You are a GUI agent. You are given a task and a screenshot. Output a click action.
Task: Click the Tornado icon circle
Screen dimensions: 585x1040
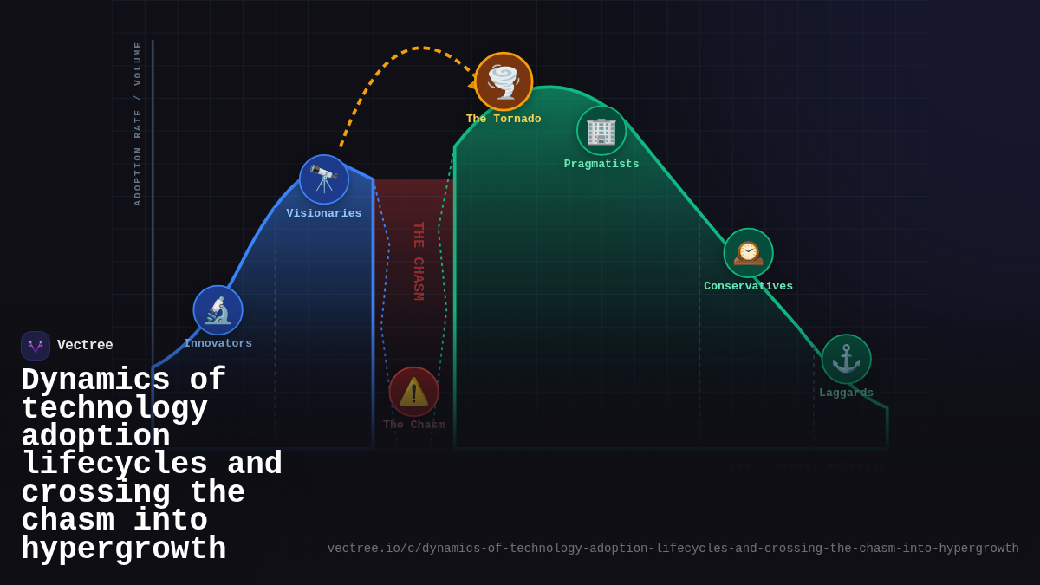click(x=504, y=81)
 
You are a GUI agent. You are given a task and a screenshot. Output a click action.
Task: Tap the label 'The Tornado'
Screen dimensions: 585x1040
click(x=504, y=120)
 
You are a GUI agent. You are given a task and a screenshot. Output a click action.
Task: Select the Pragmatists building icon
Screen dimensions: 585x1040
click(x=601, y=131)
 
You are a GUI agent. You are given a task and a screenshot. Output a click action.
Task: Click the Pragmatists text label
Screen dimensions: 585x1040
click(x=601, y=165)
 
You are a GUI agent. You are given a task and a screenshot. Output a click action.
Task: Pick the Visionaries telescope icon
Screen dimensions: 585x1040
click(x=324, y=179)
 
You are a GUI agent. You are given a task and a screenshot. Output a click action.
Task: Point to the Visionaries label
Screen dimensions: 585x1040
click(x=324, y=214)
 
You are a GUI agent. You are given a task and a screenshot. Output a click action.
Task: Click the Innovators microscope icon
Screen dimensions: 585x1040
click(x=218, y=310)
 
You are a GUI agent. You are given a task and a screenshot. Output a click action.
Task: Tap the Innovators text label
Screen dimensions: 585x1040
click(x=218, y=344)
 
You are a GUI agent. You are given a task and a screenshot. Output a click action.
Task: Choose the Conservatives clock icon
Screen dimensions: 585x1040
click(x=749, y=253)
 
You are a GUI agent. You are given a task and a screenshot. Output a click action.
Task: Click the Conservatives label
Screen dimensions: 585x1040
click(x=749, y=287)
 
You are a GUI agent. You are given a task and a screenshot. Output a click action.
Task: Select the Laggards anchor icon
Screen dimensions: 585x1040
click(x=846, y=359)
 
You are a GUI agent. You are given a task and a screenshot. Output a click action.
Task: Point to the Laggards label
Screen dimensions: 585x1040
click(x=846, y=393)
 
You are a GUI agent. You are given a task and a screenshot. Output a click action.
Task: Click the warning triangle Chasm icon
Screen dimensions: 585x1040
click(x=413, y=392)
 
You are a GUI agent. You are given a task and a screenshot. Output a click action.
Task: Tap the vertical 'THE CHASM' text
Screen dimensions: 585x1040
click(x=419, y=261)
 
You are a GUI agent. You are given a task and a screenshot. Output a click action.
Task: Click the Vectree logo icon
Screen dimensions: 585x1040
click(x=36, y=346)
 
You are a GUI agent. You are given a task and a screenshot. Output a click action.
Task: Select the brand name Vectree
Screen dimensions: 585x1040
click(x=85, y=346)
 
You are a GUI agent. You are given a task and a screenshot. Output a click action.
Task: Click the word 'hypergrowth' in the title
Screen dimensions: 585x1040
click(x=123, y=549)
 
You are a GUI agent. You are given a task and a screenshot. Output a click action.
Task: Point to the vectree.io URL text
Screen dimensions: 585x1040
click(x=673, y=549)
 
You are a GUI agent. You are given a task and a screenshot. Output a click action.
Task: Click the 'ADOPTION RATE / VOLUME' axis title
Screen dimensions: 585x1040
click(x=138, y=123)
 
